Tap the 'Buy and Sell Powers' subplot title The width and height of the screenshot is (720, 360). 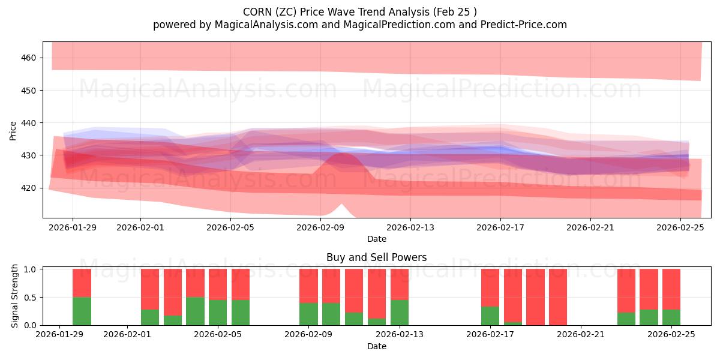376,257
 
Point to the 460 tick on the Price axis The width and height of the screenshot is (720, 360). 29,58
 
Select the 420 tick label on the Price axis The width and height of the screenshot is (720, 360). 29,188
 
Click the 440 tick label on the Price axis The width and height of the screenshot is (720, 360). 29,123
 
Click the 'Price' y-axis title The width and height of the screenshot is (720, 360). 13,130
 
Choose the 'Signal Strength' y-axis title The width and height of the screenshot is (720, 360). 15,297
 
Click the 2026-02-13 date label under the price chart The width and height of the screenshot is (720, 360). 410,227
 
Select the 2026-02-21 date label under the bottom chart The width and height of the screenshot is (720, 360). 581,335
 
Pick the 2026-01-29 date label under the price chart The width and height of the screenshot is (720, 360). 73,227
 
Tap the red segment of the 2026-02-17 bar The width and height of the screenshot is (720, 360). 490,288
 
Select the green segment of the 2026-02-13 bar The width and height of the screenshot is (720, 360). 400,313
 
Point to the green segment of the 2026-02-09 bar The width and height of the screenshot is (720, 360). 308,314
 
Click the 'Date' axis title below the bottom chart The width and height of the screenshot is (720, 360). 376,346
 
